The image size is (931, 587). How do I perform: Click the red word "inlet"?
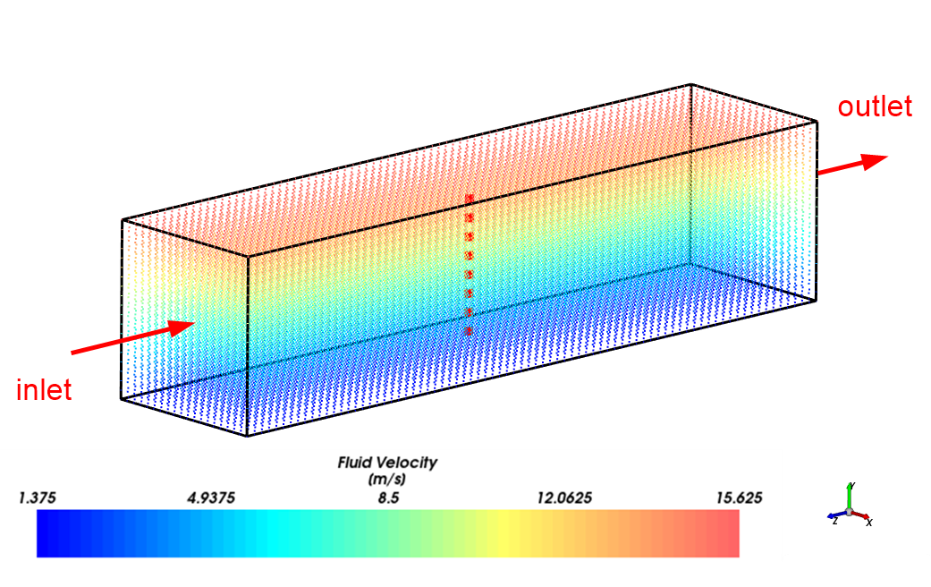[x=44, y=390]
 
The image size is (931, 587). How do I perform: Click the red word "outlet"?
[x=874, y=106]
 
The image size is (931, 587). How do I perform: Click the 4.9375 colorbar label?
[x=211, y=498]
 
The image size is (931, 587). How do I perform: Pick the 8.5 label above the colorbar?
[x=388, y=498]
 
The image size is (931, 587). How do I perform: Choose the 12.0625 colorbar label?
[x=565, y=498]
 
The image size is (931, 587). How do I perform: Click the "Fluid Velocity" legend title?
[x=387, y=463]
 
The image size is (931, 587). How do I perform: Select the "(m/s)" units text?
[x=387, y=480]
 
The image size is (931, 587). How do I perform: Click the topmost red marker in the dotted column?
[x=468, y=199]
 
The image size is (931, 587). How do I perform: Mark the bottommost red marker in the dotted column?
[x=468, y=332]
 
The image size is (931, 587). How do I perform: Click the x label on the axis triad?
[x=869, y=522]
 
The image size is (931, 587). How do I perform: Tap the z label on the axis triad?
[x=834, y=521]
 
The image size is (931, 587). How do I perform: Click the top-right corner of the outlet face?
[x=817, y=120]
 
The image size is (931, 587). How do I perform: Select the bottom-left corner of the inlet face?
[x=122, y=397]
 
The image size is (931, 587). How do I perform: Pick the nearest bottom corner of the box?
[x=247, y=436]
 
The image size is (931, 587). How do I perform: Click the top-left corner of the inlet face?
[x=123, y=219]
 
